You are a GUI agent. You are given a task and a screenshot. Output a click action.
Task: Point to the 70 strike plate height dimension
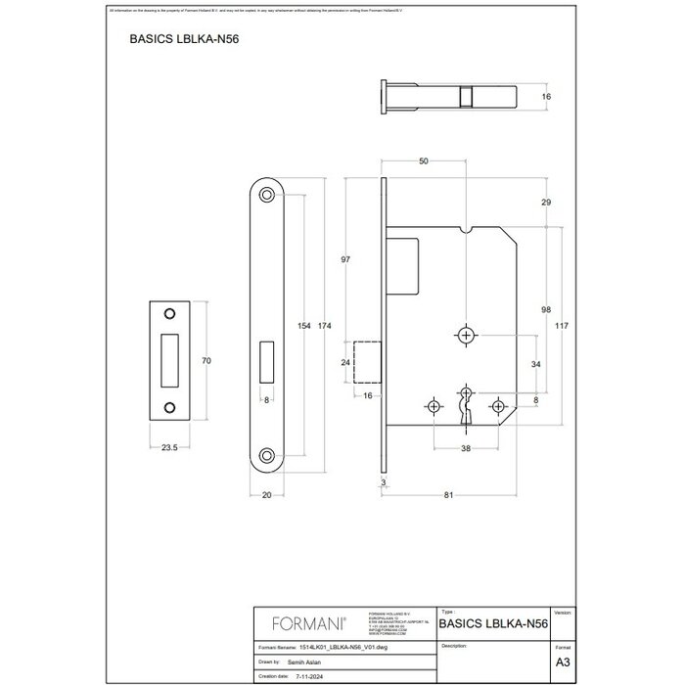pos(206,361)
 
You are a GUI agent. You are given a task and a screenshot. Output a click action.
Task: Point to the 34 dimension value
pos(534,364)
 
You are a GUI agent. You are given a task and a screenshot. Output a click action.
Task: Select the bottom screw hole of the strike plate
pos(169,407)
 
